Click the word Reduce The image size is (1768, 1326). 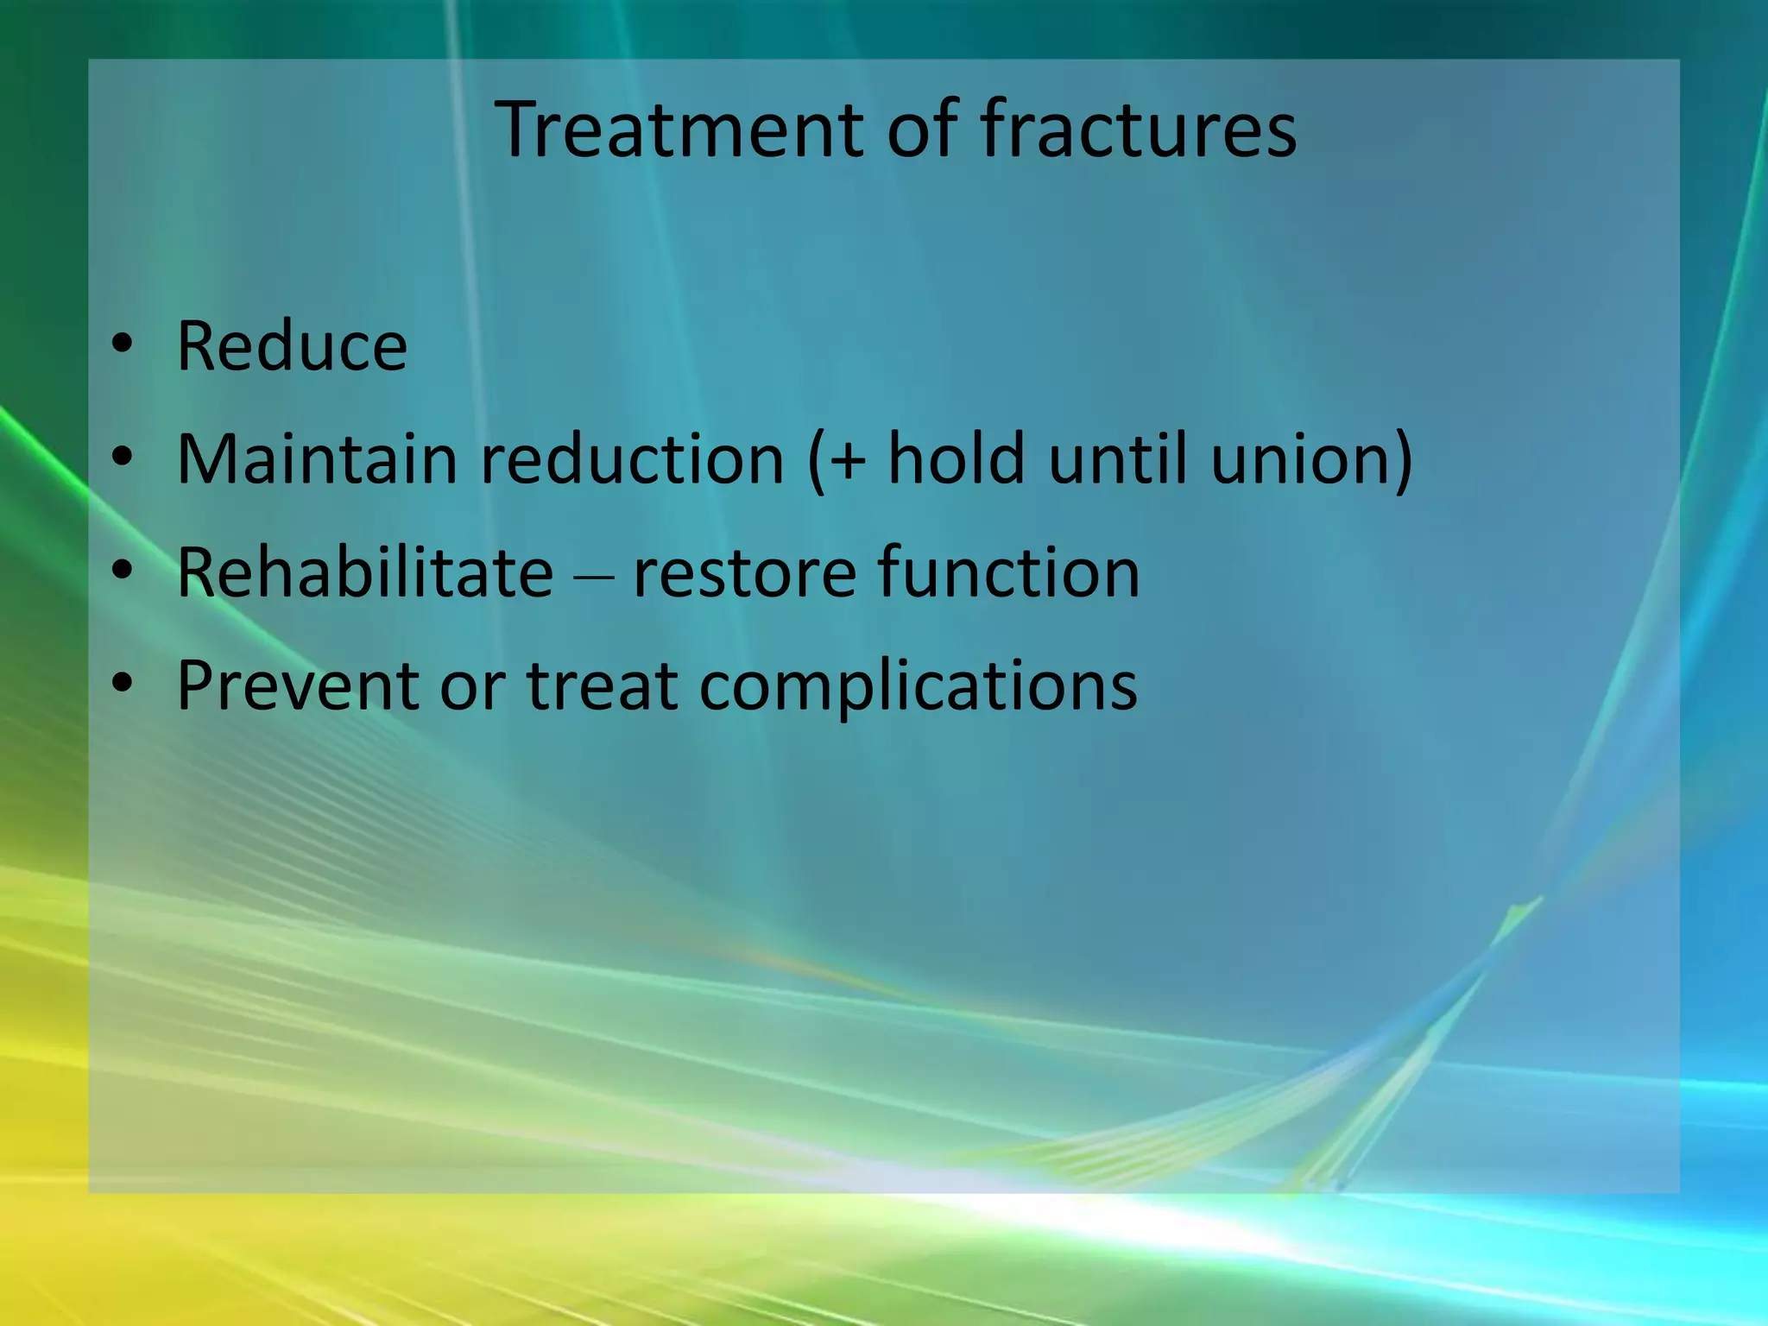pyautogui.click(x=292, y=346)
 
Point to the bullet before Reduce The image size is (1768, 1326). pyautogui.click(x=123, y=344)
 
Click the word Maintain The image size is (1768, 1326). pyautogui.click(x=316, y=458)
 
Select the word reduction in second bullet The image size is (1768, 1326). pyautogui.click(x=632, y=458)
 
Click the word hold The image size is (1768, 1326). pyautogui.click(x=956, y=458)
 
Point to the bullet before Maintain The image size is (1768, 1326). pyautogui.click(x=123, y=457)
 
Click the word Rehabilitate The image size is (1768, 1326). pyautogui.click(x=364, y=571)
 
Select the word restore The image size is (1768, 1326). pyautogui.click(x=744, y=573)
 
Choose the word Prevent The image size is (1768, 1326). pyautogui.click(x=298, y=685)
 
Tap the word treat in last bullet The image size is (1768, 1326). pyautogui.click(x=602, y=685)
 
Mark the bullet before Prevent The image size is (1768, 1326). pyautogui.click(x=123, y=684)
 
